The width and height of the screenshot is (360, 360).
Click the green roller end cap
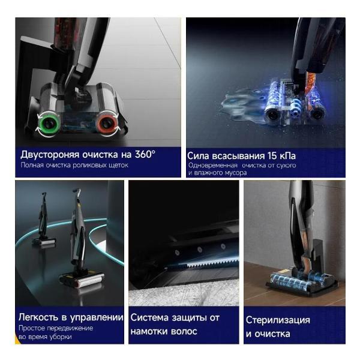[x=49, y=124]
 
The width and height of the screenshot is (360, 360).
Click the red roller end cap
[x=107, y=124]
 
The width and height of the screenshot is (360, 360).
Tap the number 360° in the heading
[x=145, y=154]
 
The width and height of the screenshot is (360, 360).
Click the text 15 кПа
[x=281, y=156]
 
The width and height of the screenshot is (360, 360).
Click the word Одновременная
[x=212, y=166]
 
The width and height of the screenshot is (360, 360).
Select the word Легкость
[x=38, y=317]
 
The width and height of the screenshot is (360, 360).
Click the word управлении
[x=97, y=318]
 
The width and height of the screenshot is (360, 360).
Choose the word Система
[x=149, y=318]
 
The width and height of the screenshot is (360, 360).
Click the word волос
[x=184, y=331]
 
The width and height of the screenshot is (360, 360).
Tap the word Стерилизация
[x=278, y=320]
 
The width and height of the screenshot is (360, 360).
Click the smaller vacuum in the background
[x=44, y=219]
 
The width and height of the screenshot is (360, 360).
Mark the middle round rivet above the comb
[x=200, y=249]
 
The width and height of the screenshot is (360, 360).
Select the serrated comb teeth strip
[x=212, y=263]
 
